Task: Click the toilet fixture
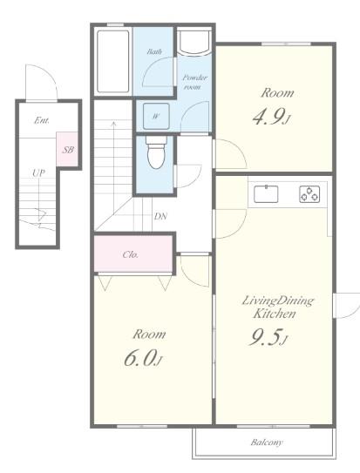click(x=156, y=152)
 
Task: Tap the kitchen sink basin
click(x=266, y=194)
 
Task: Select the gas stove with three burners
click(x=309, y=194)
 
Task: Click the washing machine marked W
click(x=156, y=116)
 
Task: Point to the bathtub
click(x=112, y=61)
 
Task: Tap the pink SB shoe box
click(x=67, y=149)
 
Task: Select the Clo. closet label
click(x=131, y=254)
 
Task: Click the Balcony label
click(x=267, y=443)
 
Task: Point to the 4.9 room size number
click(x=268, y=117)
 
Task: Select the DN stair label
click(x=160, y=216)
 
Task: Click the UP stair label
click(x=38, y=173)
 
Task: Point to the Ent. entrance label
click(x=42, y=120)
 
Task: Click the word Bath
click(x=154, y=51)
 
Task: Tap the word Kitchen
click(x=275, y=314)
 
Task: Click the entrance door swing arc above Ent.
click(x=50, y=73)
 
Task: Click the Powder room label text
click(x=194, y=83)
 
